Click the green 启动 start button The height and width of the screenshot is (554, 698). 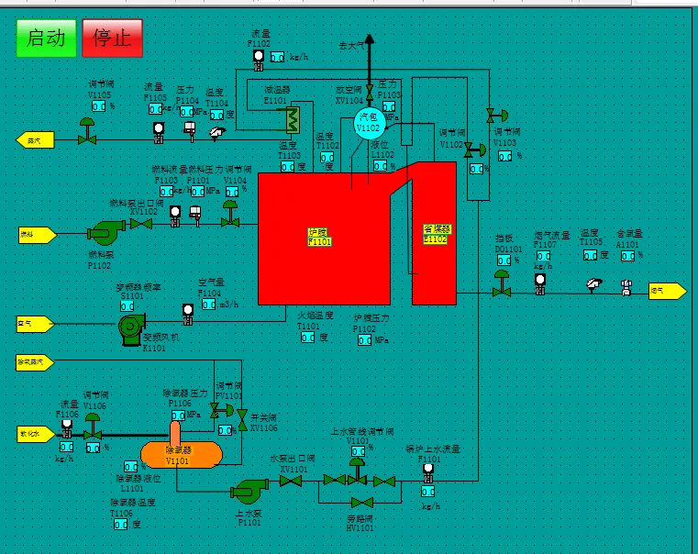coord(46,38)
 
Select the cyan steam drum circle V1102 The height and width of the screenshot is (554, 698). coord(368,125)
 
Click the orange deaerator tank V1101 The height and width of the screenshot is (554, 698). coord(182,452)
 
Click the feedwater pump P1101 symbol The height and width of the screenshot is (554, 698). coord(248,492)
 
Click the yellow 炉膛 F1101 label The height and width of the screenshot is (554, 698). coord(319,237)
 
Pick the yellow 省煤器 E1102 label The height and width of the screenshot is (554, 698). coord(435,233)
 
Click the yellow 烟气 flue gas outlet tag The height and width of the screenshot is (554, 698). coord(667,291)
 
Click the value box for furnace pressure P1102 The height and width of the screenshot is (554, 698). coord(365,339)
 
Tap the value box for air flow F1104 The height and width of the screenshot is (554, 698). coord(208,304)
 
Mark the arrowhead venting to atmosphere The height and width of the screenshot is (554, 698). coord(369,40)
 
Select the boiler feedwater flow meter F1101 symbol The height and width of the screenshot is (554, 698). coord(427,470)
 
